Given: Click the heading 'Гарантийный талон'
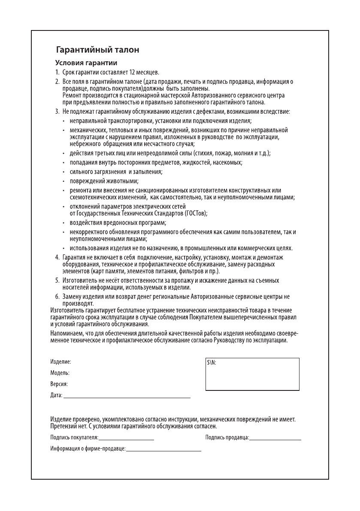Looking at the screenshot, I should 98,50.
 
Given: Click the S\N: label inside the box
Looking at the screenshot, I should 212,362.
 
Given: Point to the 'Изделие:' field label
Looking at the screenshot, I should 61,362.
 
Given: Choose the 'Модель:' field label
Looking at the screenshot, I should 60,373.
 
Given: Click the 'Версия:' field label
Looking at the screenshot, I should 59,384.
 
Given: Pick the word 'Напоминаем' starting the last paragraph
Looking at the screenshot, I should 66,333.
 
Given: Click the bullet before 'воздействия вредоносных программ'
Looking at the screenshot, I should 64,223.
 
